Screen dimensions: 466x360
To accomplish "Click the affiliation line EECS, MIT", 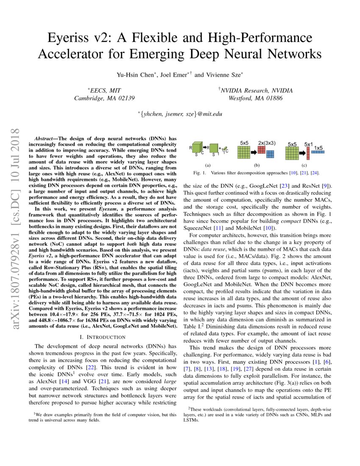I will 104,91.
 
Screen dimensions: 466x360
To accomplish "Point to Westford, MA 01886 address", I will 255,98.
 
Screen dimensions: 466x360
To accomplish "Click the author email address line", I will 180,114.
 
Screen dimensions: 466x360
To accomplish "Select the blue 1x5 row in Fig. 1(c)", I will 318,151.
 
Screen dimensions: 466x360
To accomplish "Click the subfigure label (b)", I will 256,165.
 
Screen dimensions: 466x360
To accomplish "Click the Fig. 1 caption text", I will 256,173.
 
